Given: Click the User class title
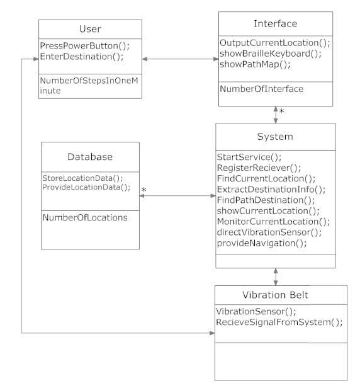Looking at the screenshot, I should (x=90, y=30).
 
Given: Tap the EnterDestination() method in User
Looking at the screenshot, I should (x=81, y=57).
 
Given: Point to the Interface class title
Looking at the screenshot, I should (x=275, y=24).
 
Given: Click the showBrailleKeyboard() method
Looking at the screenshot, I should (x=270, y=54).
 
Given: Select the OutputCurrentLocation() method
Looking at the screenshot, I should (x=275, y=43).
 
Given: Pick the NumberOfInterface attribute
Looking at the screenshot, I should (x=261, y=89).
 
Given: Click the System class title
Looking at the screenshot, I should (x=275, y=137).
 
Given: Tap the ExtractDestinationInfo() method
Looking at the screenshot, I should (x=271, y=189).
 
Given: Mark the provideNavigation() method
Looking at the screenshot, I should (x=262, y=243).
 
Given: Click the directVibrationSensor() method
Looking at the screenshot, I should (x=269, y=232).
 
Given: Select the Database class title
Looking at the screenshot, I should (x=90, y=156).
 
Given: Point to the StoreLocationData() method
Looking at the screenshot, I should (x=82, y=177).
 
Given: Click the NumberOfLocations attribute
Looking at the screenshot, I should (x=85, y=217).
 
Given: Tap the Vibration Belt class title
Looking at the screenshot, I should (x=280, y=295).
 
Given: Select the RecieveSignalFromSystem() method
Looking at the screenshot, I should (x=279, y=322).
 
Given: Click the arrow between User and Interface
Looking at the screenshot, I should (x=180, y=60).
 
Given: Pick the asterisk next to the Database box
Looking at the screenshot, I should (x=144, y=190).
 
